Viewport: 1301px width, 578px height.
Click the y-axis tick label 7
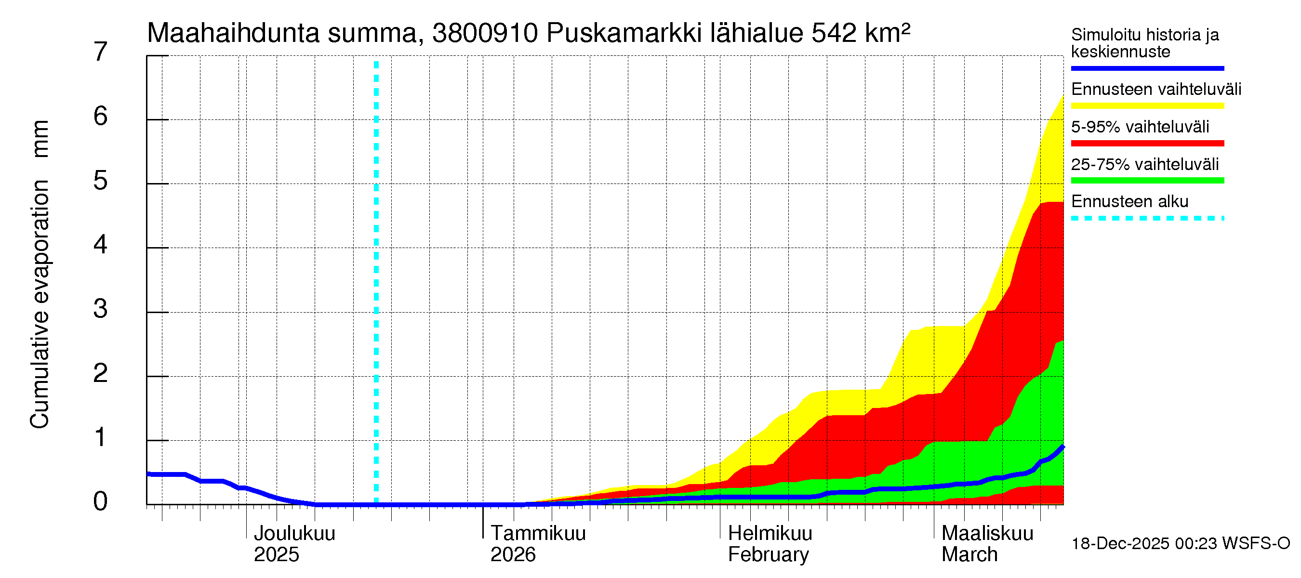tap(101, 52)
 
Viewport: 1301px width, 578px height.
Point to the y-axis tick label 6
tap(101, 117)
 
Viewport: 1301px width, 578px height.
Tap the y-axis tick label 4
tap(101, 245)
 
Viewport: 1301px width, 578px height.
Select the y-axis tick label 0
tap(101, 501)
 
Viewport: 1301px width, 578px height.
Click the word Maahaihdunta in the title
tap(233, 33)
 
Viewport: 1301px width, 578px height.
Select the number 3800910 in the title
tap(485, 33)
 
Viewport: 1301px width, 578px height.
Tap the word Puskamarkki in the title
tap(625, 33)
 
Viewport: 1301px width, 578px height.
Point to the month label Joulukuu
tap(294, 533)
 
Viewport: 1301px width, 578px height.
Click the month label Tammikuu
tap(538, 533)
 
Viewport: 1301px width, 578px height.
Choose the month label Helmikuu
tap(770, 533)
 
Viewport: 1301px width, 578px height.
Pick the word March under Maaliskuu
tap(969, 555)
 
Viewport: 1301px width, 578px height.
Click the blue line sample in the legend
tap(1147, 68)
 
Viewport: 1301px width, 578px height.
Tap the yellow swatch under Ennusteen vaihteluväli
tap(1147, 106)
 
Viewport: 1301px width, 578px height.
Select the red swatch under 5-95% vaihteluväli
tap(1147, 144)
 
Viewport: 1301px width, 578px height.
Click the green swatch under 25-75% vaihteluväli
tap(1147, 181)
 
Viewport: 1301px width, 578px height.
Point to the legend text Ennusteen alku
tap(1129, 201)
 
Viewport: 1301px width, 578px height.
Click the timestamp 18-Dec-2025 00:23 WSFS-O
tap(1180, 544)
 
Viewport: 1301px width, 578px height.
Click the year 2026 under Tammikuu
tap(513, 555)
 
